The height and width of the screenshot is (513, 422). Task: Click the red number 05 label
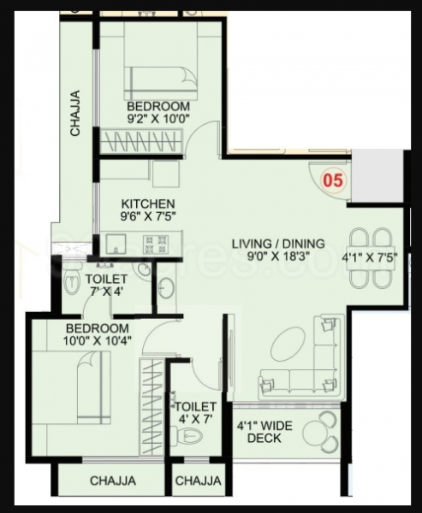(x=332, y=180)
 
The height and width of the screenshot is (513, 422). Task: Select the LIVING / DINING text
(x=278, y=244)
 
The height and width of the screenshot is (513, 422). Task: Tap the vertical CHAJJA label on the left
(x=76, y=113)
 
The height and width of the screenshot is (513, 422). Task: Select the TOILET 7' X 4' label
(x=106, y=286)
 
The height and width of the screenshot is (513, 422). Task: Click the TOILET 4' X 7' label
(x=195, y=413)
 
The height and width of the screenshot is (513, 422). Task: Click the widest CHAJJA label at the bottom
(x=113, y=481)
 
